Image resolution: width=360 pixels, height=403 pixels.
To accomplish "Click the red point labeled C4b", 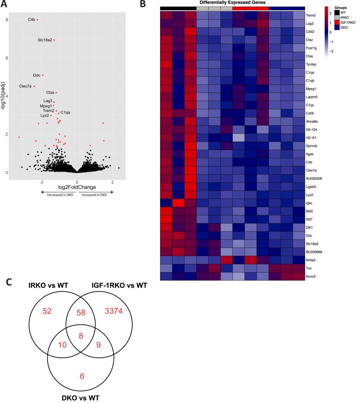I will pos(38,20).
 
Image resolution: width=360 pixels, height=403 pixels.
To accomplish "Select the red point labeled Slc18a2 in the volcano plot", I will pos(54,40).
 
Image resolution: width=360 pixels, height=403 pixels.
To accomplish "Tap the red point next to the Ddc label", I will pos(43,75).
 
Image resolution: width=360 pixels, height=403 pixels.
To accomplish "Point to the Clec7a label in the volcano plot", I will pos(26,86).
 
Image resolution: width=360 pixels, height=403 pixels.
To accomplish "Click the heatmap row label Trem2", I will pos(312,15).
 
